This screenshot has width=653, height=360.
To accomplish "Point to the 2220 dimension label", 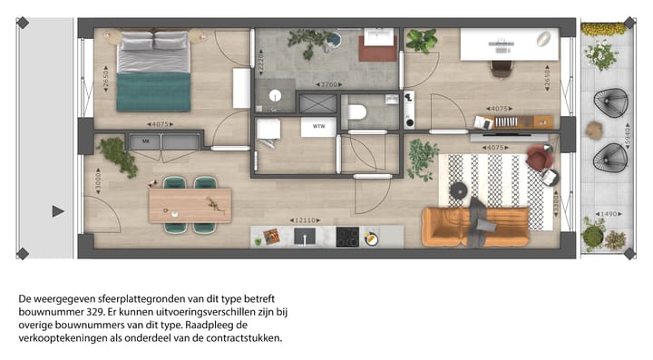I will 260,63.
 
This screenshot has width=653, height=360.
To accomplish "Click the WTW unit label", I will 318,126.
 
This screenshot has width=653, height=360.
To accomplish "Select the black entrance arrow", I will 58,211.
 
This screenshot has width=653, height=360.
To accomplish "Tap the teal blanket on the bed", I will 153,92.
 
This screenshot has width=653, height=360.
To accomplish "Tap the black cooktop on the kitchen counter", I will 346,237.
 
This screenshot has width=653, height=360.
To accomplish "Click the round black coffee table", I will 459,190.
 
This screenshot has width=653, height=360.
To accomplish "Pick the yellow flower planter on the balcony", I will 602,30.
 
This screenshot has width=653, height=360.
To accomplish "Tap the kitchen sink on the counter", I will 304,237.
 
